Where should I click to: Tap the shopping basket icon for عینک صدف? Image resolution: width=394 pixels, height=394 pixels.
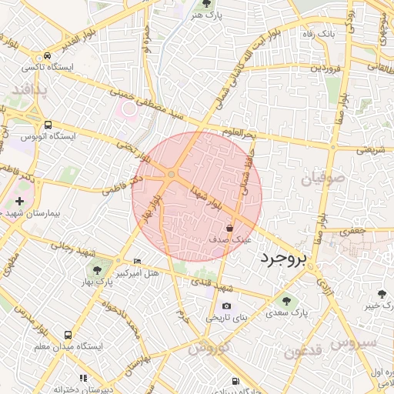click(230, 228)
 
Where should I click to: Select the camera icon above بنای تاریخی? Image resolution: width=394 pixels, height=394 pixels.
click(226, 306)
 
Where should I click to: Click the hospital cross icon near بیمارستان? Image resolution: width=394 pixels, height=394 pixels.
click(19, 201)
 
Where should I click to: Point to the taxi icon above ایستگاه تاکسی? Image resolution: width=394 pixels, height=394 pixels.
click(48, 56)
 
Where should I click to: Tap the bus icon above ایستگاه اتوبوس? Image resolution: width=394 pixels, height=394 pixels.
click(48, 125)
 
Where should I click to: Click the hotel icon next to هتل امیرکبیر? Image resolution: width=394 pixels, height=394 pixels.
click(137, 262)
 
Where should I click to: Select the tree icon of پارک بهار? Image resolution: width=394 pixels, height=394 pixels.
click(97, 269)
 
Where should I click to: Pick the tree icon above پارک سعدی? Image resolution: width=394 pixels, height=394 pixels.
click(287, 302)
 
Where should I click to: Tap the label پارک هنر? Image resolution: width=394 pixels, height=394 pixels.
click(205, 15)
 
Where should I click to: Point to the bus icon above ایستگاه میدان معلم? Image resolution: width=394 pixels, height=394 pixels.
click(68, 336)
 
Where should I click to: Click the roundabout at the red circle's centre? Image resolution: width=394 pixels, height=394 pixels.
click(171, 175)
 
